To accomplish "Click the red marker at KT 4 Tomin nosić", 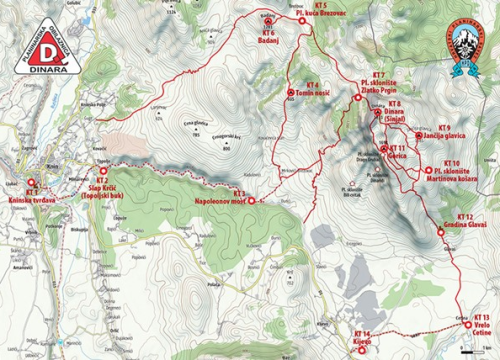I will pyautogui.click(x=288, y=86).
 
